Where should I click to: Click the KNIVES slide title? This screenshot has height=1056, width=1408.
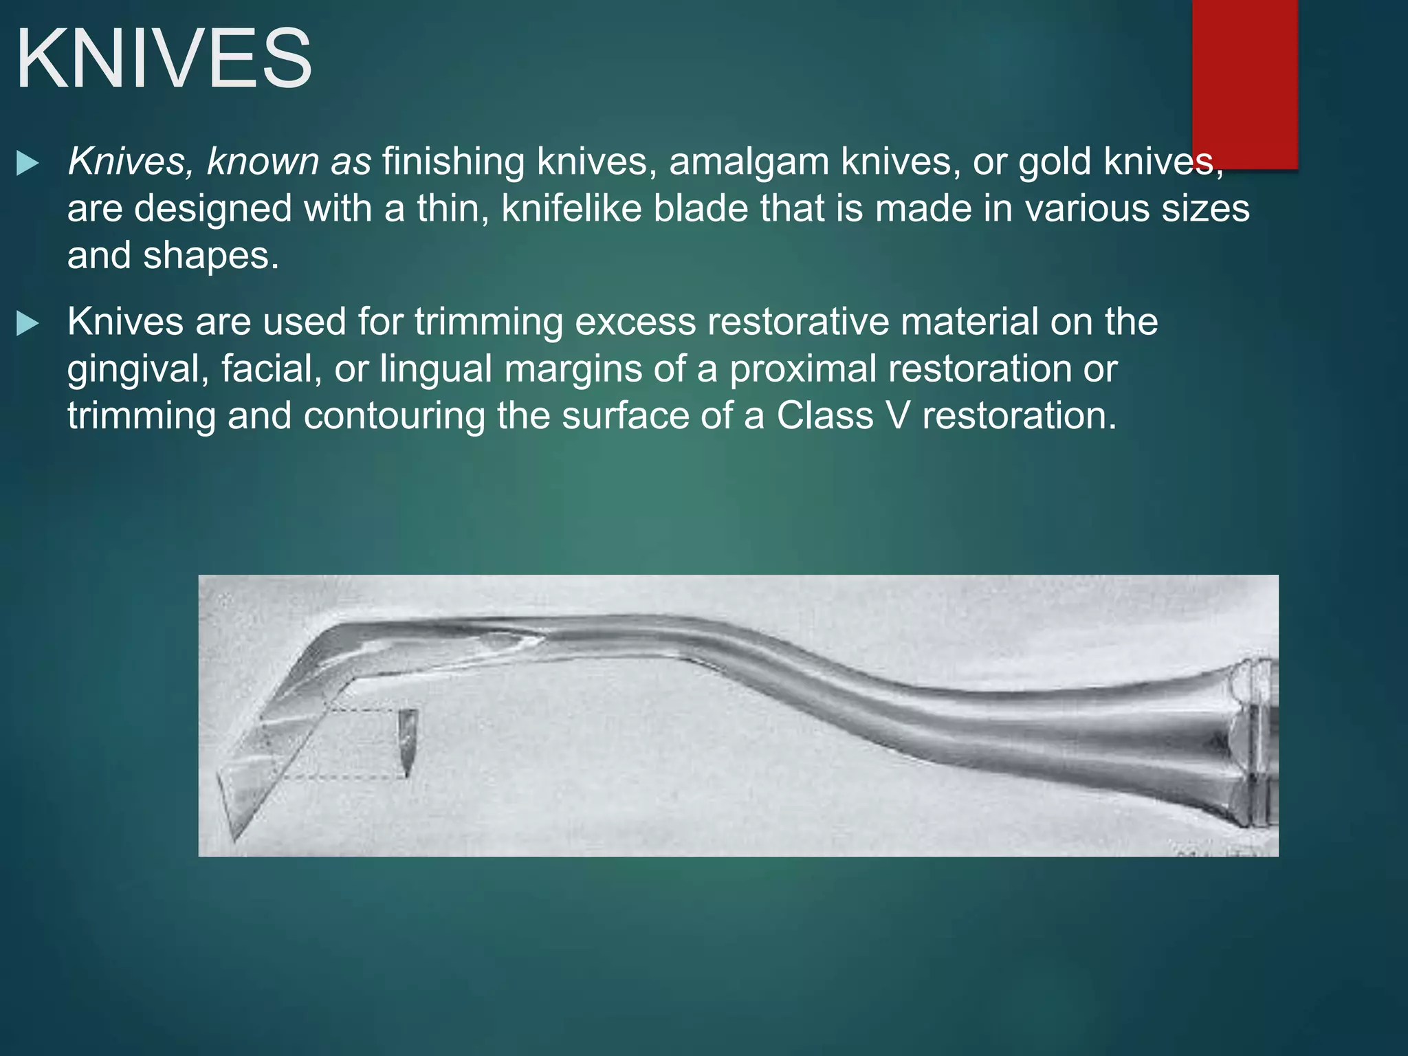click(x=164, y=59)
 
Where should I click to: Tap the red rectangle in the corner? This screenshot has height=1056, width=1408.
click(x=1244, y=82)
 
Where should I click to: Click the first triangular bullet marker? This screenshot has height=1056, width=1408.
click(x=27, y=164)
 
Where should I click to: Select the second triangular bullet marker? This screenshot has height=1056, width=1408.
click(x=27, y=324)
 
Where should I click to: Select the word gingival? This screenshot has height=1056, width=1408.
click(x=137, y=369)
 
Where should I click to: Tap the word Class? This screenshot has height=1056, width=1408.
click(x=825, y=416)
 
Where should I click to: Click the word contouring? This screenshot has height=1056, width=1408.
click(x=395, y=416)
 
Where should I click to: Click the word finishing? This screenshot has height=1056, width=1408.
click(x=454, y=162)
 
